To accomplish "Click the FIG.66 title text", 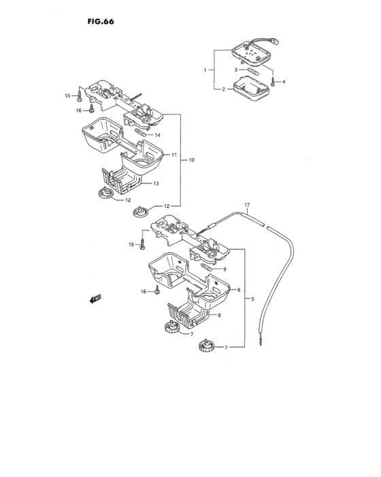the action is coord(101,22).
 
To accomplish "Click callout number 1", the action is coord(205,70).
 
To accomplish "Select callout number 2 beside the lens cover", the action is coord(224,89).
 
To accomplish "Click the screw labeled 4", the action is coord(273,82).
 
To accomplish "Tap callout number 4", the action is coord(284,82).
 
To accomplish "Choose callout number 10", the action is coord(191,160).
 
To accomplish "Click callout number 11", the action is coord(173,155).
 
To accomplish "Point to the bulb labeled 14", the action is coord(140,133).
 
